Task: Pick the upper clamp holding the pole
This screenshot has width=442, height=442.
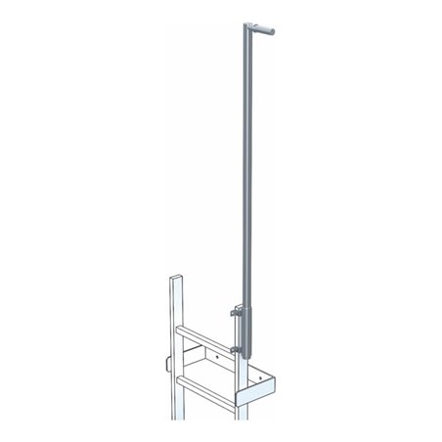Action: [235, 314]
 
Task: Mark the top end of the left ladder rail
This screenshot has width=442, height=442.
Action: [175, 278]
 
